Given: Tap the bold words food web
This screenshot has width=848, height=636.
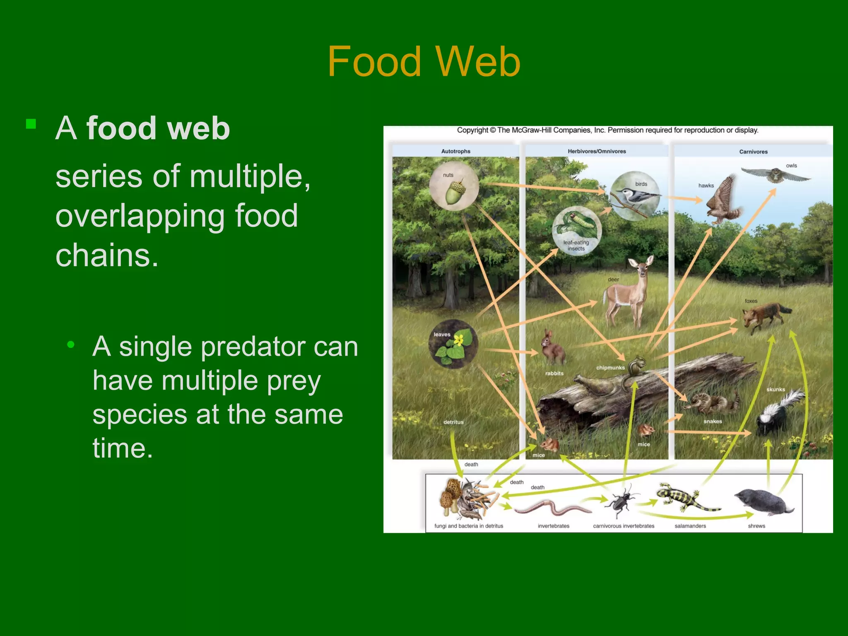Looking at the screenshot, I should pos(158,128).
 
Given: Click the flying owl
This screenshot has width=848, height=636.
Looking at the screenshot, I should pos(776,174).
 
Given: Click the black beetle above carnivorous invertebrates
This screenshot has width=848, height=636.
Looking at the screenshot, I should pos(620,501).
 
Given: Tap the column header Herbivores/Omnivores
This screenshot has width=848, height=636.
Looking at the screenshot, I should pos(597,151).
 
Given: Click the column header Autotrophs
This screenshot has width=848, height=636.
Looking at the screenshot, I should pos(455,151).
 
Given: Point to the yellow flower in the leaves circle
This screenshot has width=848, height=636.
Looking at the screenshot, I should pos(458,340).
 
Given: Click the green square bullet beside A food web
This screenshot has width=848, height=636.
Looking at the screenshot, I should pos(31,124).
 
